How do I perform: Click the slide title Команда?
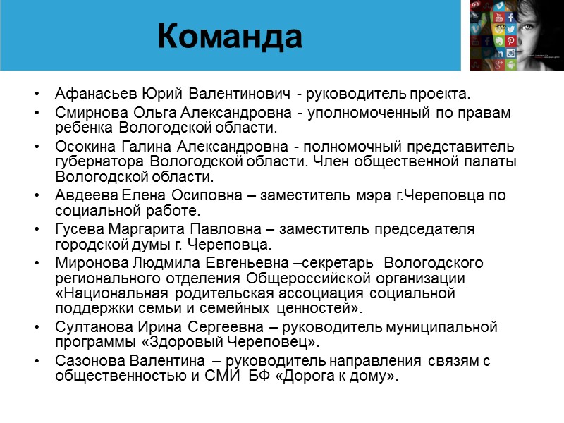click(x=231, y=36)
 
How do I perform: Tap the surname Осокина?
click(x=82, y=147)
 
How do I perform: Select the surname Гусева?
click(x=78, y=229)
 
